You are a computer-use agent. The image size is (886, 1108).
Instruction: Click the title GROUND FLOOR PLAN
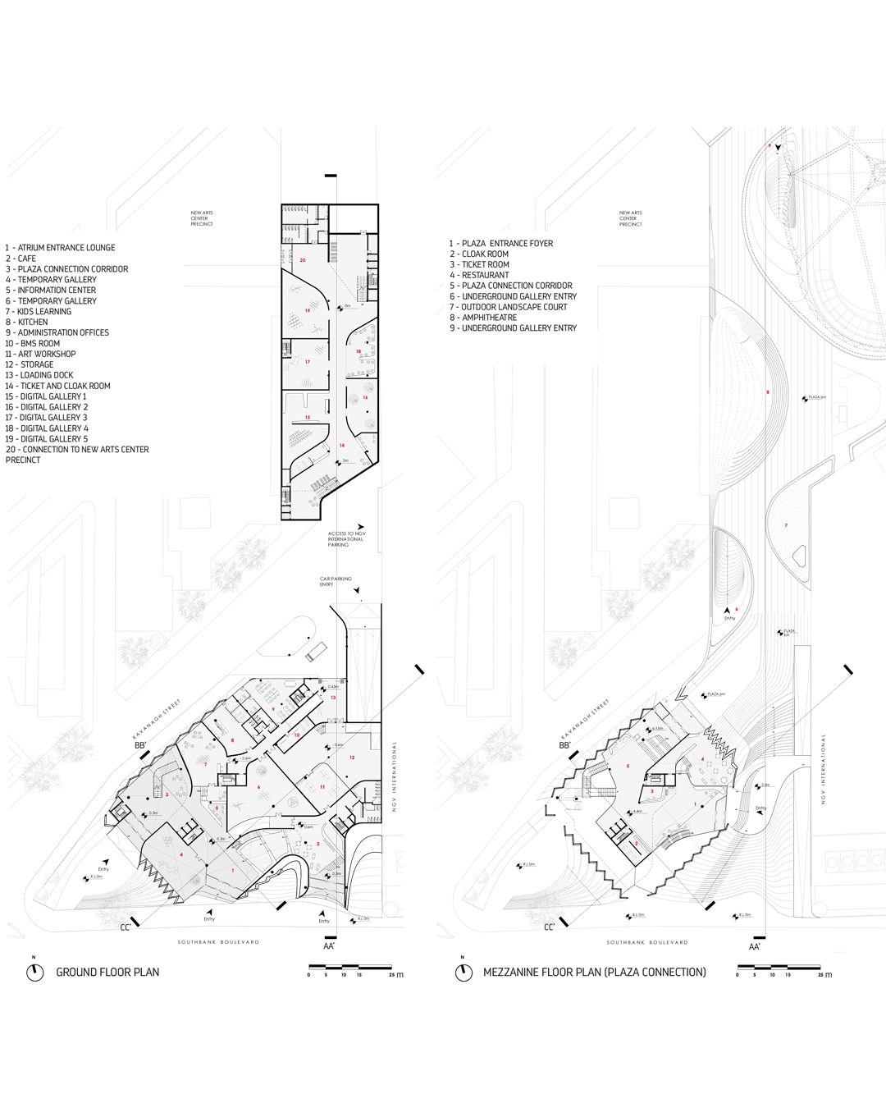point(107,973)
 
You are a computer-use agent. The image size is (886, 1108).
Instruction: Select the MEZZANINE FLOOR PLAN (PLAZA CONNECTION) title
point(594,973)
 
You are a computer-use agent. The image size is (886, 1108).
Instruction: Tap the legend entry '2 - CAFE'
point(21,259)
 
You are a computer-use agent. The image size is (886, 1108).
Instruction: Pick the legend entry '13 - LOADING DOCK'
point(39,375)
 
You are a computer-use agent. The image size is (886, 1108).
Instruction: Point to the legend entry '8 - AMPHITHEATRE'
point(483,318)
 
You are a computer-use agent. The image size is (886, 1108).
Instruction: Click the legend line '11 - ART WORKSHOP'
point(41,354)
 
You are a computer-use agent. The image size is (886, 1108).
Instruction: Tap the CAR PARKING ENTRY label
point(336,582)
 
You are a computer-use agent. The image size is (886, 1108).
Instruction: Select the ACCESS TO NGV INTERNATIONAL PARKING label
point(346,539)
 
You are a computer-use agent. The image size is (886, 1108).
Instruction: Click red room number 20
point(303,260)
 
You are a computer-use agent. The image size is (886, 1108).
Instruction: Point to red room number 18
point(359,351)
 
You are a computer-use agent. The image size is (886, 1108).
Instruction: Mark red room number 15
point(308,418)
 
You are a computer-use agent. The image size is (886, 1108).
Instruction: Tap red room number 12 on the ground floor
point(352,758)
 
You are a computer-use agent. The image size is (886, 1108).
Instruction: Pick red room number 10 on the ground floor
point(297,735)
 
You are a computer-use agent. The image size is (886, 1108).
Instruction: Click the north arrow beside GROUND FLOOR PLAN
point(34,972)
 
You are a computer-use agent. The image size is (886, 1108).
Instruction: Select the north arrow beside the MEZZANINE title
point(464,972)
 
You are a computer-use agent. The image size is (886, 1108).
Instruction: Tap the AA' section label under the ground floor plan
point(329,946)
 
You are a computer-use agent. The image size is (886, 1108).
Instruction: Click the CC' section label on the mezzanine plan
point(550,927)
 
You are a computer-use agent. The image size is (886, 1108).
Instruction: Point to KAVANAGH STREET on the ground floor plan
point(156,720)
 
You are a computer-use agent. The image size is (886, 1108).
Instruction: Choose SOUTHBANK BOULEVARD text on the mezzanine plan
point(647,942)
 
